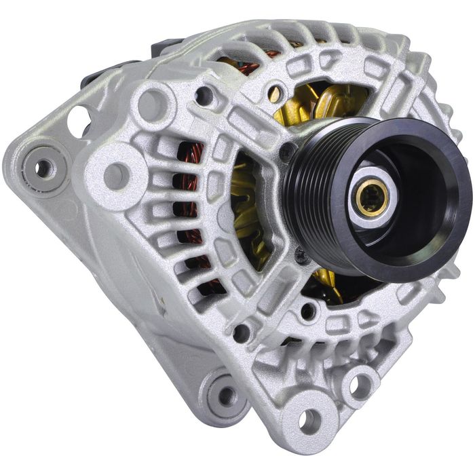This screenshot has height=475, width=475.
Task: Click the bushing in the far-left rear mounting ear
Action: (43, 167)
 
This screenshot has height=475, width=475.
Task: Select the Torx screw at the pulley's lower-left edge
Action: (301, 256)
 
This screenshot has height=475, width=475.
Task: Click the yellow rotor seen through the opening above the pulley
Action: (319, 105)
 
